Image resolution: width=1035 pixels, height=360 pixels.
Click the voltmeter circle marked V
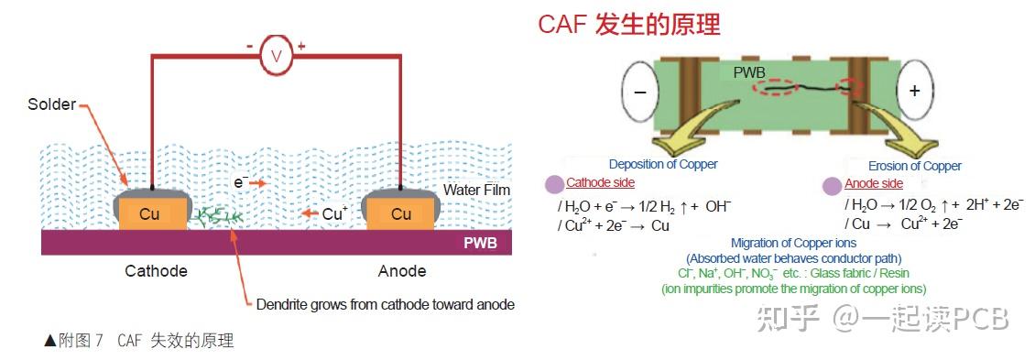pos(276,57)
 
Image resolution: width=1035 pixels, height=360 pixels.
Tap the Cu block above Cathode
pos(148,213)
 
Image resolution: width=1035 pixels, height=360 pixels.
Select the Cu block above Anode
pos(401,213)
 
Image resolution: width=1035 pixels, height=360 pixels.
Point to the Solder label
pos(51,104)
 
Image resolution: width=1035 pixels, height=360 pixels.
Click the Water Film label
pos(476,190)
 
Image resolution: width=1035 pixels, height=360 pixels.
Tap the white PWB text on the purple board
pos(480,243)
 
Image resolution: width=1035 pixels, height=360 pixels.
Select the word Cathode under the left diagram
pos(156,271)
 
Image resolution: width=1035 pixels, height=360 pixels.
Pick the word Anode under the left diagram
pos(402,271)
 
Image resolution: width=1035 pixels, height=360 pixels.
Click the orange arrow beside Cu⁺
pos(307,214)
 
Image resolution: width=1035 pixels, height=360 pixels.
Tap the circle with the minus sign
pos(641,92)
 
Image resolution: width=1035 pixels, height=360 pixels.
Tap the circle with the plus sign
pos(913,92)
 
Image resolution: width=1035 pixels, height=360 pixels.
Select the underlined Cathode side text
pos(600,183)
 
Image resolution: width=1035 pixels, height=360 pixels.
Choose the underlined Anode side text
pos(873,183)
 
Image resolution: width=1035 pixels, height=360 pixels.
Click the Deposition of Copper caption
pos(662,164)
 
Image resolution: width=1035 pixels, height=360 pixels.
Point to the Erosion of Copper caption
pos(916,166)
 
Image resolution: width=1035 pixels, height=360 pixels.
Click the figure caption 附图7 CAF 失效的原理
pos(139,341)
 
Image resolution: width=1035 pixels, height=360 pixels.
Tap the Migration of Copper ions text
pos(793,243)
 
